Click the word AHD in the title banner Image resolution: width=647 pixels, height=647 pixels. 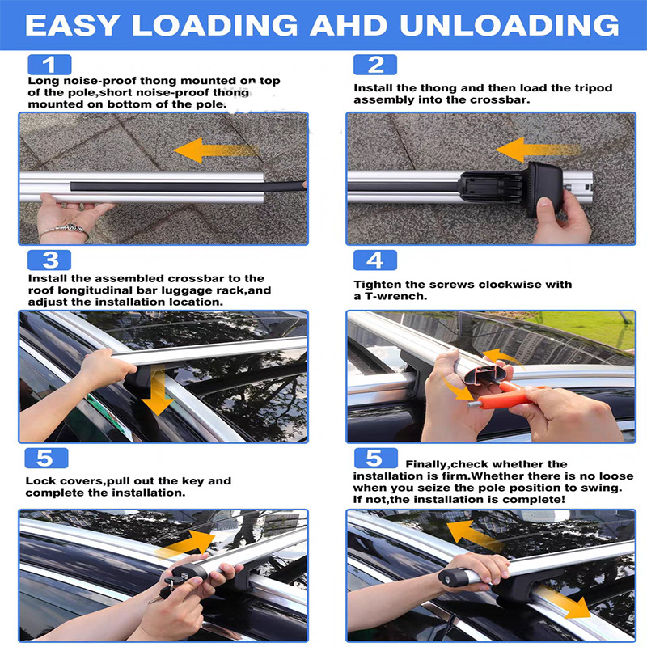349,25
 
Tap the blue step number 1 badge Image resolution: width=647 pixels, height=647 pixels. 49,65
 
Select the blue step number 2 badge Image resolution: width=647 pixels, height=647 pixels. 375,65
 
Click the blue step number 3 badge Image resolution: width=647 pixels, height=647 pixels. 49,260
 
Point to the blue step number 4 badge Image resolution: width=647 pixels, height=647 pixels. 375,260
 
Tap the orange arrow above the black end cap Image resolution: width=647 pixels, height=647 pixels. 538,150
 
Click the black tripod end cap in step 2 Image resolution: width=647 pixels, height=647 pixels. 512,188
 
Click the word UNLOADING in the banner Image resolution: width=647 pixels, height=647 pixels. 510,25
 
